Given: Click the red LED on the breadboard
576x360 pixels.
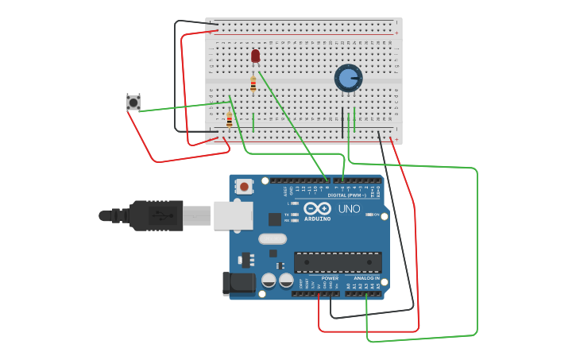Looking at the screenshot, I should pos(255,56).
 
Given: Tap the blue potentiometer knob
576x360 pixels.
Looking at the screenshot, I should pos(348,78).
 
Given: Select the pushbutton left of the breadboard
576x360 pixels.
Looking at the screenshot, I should pos(133,103).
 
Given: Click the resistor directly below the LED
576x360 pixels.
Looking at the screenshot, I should pos(253,83).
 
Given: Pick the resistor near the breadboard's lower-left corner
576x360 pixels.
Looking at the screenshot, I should pos(230,120).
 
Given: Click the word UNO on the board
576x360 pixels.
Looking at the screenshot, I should pos(350,209).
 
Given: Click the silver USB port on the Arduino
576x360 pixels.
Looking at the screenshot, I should pos(233,215).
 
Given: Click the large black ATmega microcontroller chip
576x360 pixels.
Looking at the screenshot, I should pos(338,261).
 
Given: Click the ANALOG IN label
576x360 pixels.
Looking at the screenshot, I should pos(366,278).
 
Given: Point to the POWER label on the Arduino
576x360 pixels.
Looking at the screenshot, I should pos(330,278).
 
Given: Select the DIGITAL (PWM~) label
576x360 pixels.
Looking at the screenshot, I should pos(346,195).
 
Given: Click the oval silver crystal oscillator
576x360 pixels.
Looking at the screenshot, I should pos(272,238).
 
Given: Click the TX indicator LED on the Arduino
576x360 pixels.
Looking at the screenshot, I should pos(295,215).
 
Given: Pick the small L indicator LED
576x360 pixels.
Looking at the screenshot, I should pos(295,203).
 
